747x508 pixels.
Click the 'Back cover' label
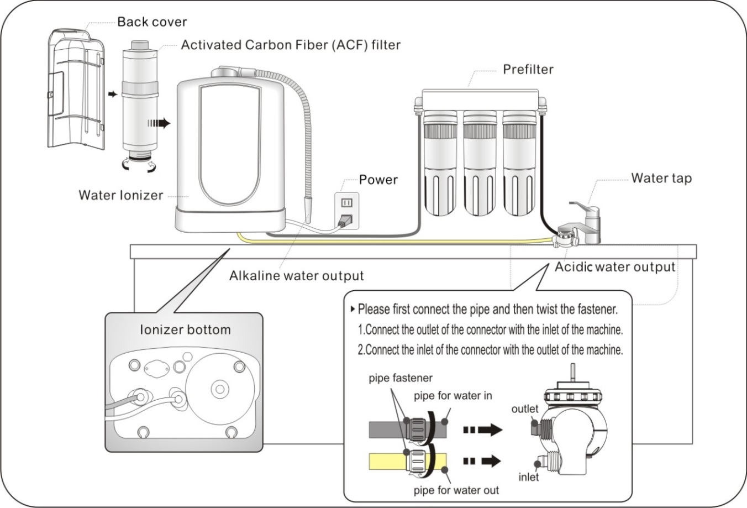tap(152, 23)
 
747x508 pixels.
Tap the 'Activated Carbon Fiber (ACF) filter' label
tap(291, 45)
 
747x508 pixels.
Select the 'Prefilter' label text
tap(528, 70)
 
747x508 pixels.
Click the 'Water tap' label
tap(661, 178)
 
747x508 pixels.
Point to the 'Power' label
tap(378, 180)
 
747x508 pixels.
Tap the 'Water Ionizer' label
tap(120, 195)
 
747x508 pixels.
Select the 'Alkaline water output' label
tap(296, 275)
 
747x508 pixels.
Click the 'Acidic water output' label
tap(615, 267)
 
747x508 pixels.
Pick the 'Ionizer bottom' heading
tap(185, 329)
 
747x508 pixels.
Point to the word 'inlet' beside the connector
tap(528, 476)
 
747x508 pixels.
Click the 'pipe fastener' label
tap(401, 379)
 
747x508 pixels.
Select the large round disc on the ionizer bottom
tap(219, 390)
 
